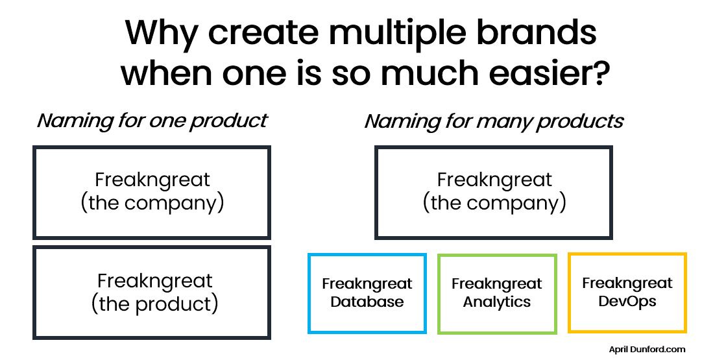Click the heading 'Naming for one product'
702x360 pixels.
152,121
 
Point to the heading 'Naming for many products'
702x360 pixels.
494,121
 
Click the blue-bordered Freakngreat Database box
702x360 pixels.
367,293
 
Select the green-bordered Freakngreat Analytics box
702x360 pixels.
497,293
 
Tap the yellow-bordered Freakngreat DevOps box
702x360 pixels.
627,293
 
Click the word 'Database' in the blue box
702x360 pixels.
367,302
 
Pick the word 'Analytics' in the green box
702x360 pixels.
497,302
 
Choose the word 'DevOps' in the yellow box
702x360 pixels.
627,301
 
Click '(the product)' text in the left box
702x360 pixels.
154,303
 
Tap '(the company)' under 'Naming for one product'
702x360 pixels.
152,202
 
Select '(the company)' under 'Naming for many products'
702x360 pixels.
494,202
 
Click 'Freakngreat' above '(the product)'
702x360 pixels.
154,281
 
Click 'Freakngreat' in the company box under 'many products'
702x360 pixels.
494,180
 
